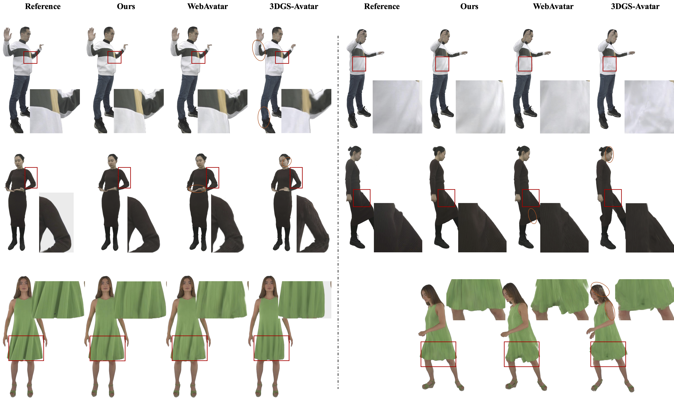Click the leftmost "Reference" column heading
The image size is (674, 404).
(x=43, y=6)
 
